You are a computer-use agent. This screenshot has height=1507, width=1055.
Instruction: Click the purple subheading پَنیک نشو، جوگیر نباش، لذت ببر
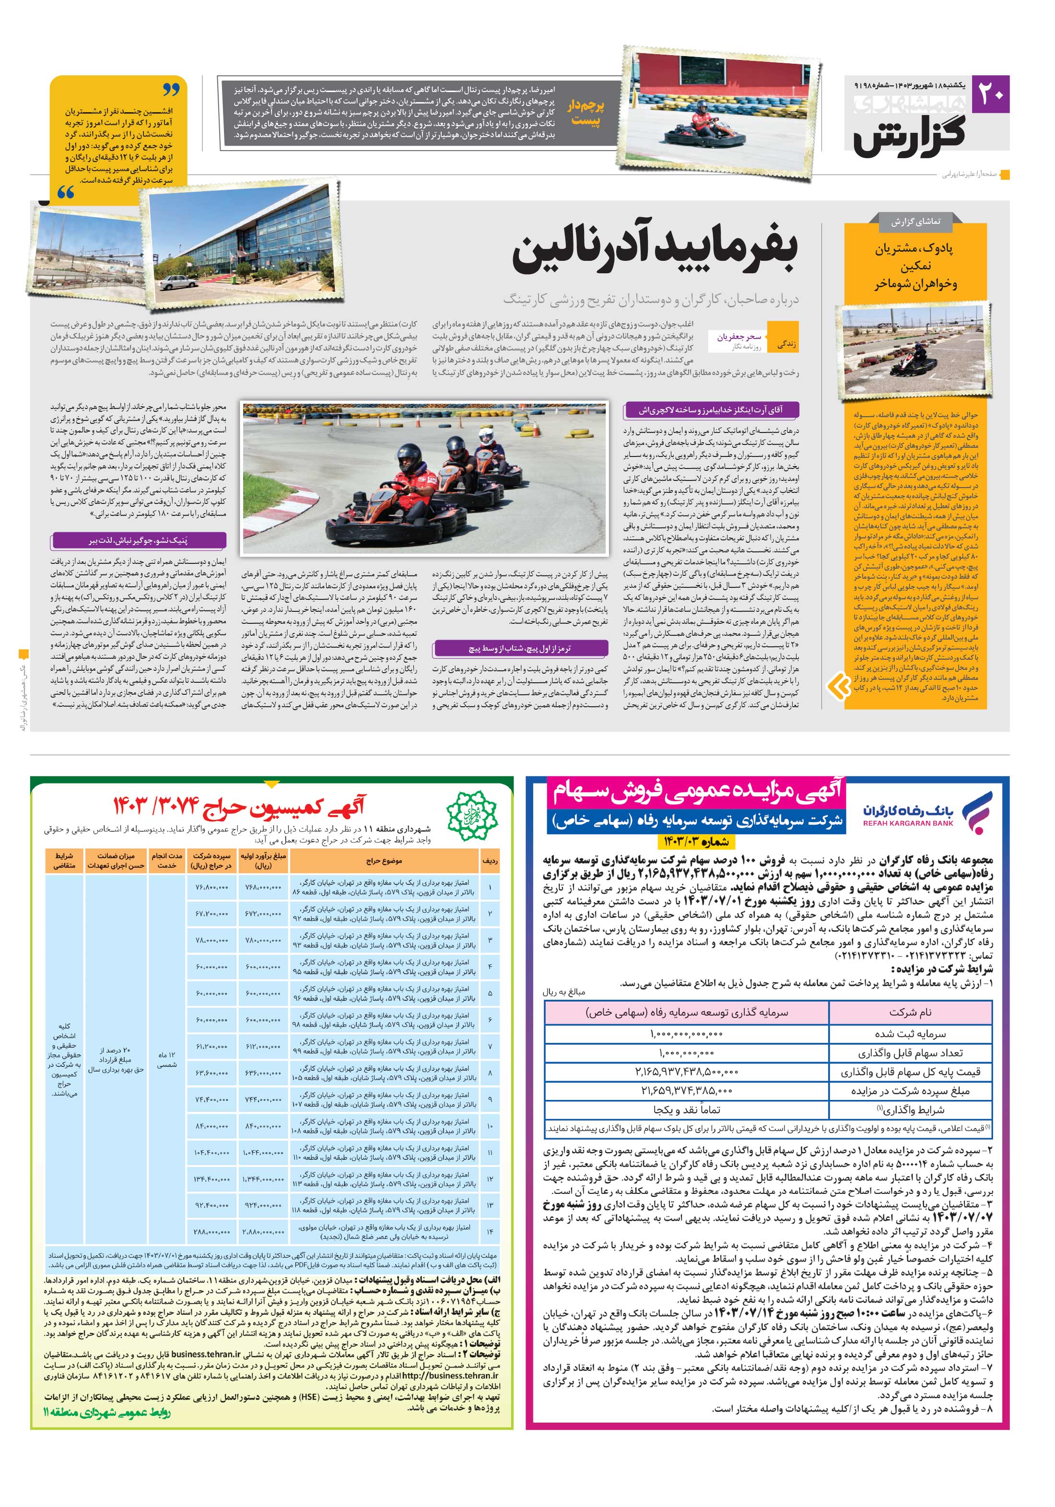(139, 541)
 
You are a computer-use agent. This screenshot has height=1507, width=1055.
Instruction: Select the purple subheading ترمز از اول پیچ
(519, 648)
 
